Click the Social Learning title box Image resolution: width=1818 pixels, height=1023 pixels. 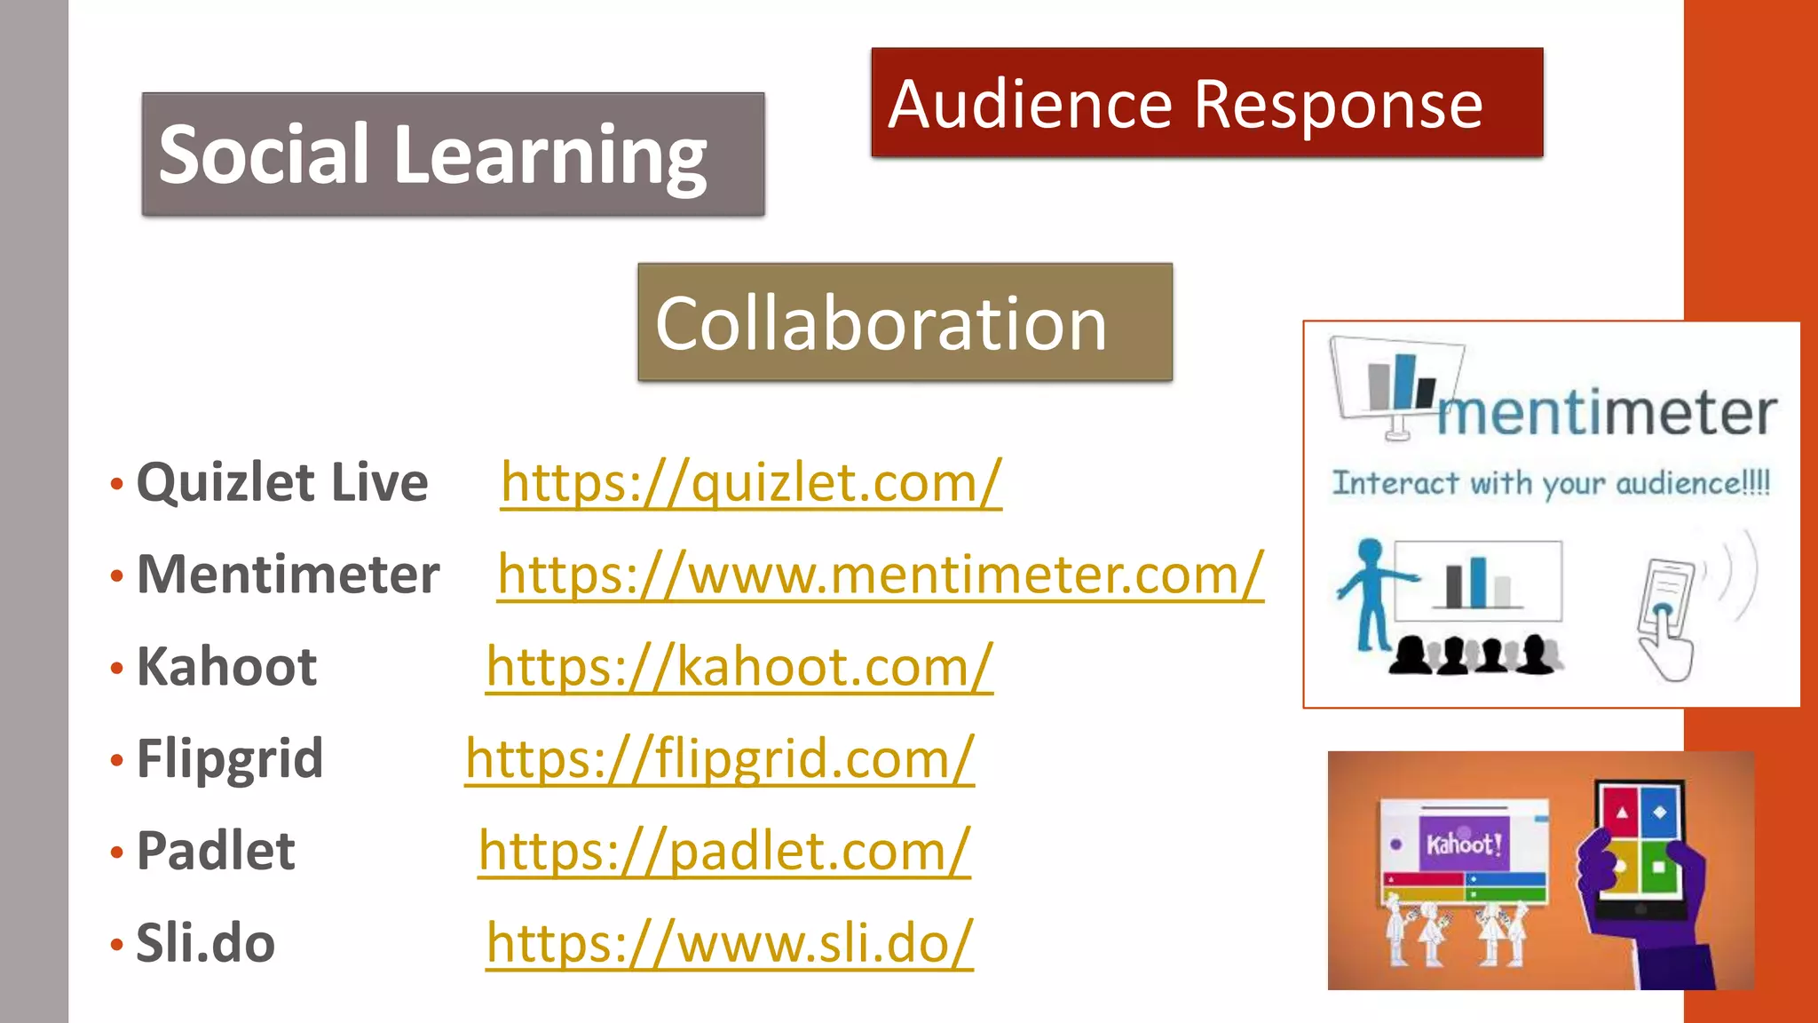click(453, 155)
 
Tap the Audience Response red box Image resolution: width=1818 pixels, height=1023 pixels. click(1206, 103)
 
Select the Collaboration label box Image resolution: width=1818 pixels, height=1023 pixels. click(905, 322)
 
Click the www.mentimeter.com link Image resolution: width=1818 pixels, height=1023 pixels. click(880, 575)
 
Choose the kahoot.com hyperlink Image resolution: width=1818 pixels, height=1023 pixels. click(739, 667)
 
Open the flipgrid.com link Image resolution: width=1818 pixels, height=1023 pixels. click(719, 759)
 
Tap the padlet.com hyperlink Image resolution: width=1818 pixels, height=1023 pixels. click(723, 851)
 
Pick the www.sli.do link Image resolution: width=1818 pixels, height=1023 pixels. click(729, 943)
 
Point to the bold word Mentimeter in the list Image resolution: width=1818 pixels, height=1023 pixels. click(289, 575)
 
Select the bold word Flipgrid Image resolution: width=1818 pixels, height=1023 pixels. click(230, 759)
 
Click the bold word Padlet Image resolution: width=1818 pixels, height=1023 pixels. click(216, 851)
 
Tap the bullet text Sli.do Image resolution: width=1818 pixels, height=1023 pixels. click(205, 943)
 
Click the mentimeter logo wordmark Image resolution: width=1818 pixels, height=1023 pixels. click(1607, 413)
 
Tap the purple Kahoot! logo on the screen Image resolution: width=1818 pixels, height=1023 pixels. click(1463, 844)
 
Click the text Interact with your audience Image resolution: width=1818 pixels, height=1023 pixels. click(1551, 484)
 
